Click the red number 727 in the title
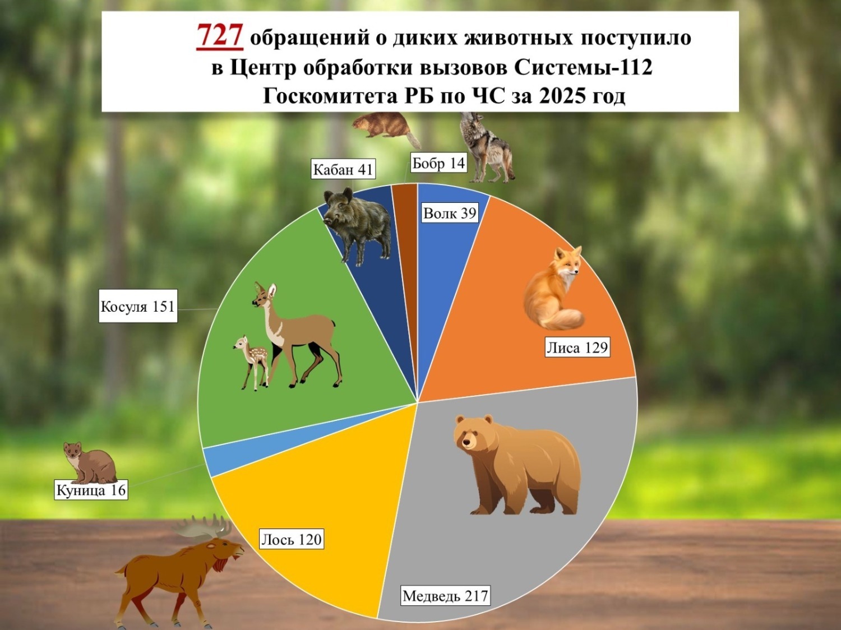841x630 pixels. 219,36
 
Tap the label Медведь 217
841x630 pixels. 445,595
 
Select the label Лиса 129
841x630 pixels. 577,348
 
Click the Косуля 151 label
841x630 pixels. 137,306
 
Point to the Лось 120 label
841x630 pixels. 292,539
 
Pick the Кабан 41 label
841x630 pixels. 343,169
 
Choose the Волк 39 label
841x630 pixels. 449,213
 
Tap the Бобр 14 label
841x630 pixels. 438,163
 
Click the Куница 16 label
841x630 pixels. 91,490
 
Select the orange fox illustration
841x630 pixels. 552,291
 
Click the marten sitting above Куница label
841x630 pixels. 90,462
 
